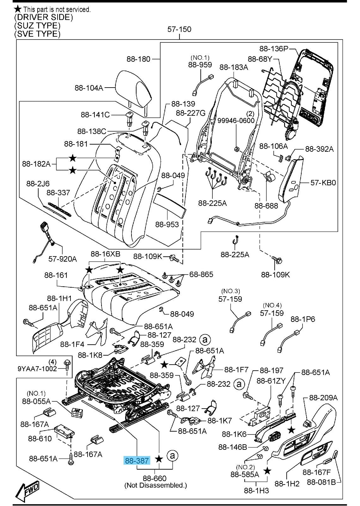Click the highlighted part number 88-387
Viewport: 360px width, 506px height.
[137, 461]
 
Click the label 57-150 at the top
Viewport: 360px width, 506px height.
[179, 29]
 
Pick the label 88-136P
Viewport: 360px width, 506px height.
[274, 49]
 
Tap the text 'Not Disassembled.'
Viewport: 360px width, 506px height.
[156, 485]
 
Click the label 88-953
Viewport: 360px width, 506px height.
[167, 224]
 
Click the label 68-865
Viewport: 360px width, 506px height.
[201, 275]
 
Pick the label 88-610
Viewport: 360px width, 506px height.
[40, 438]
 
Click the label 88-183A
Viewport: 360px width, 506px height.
[234, 67]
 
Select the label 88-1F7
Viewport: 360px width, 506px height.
[236, 369]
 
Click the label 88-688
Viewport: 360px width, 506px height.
[266, 206]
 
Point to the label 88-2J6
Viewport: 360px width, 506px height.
[38, 183]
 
